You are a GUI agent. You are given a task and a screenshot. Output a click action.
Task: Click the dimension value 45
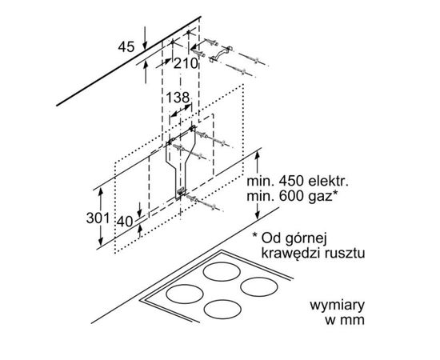tap(126, 47)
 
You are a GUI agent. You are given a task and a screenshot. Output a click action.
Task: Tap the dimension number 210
tap(186, 64)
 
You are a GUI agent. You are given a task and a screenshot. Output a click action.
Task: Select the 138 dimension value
tap(178, 98)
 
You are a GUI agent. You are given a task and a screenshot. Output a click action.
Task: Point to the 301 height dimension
tap(98, 218)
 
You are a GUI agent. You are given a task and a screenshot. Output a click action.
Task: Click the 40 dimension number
tap(125, 222)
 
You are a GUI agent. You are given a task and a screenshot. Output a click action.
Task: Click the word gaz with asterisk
tap(325, 197)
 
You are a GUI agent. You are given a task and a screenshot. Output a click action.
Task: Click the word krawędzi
tap(291, 253)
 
